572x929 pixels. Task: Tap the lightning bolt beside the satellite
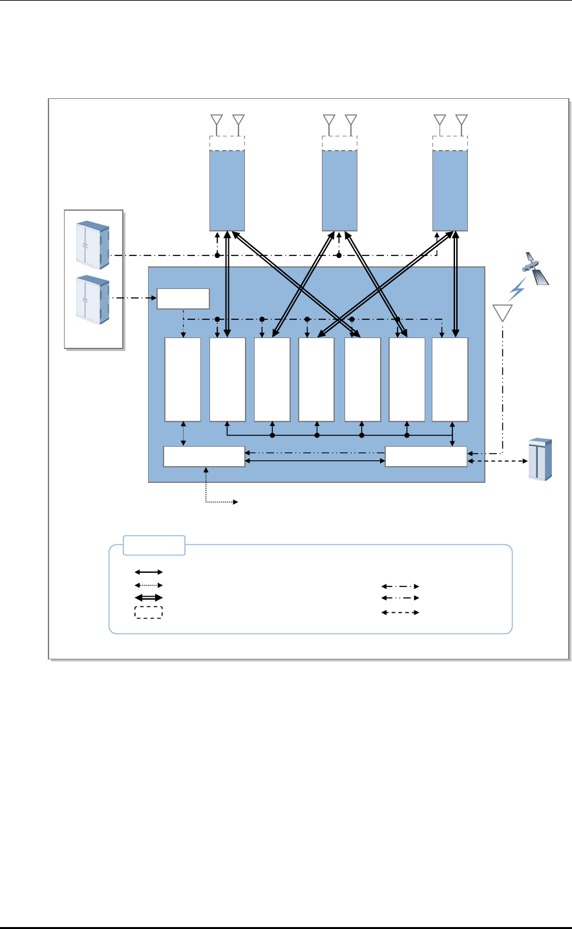(516, 290)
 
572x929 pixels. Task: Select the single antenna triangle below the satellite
(502, 312)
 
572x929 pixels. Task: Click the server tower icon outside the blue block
(540, 459)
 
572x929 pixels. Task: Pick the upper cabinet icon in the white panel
(92, 244)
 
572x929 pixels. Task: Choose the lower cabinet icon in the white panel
(92, 299)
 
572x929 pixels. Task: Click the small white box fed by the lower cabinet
(184, 299)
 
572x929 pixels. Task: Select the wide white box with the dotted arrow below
(204, 456)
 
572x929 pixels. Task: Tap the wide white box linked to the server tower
(426, 456)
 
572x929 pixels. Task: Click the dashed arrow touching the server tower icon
(498, 462)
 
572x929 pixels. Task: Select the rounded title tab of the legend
(154, 545)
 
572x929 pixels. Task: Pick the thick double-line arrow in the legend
(149, 598)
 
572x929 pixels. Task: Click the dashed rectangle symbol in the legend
(149, 612)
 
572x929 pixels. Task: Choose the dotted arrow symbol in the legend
(149, 585)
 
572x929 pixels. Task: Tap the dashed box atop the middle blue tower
(340, 143)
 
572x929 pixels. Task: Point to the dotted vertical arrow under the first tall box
(184, 433)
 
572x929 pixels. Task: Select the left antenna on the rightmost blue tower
(440, 120)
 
